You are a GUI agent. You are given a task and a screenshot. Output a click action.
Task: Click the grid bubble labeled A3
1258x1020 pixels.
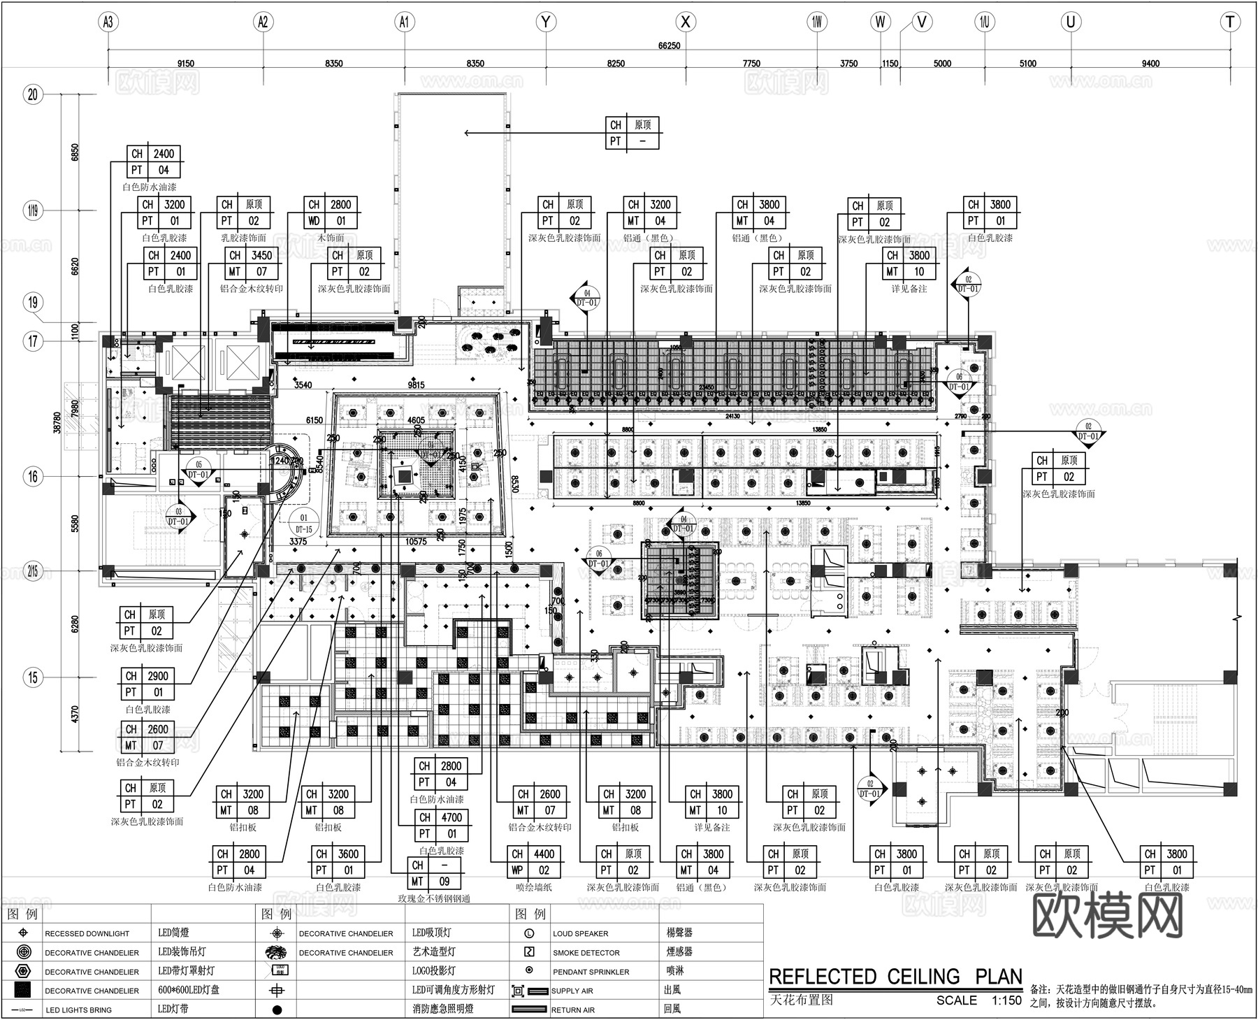coord(108,22)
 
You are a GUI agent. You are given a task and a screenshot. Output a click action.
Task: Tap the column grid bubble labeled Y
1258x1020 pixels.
coord(546,22)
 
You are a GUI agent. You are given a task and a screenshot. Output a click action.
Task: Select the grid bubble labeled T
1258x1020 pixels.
coord(1230,22)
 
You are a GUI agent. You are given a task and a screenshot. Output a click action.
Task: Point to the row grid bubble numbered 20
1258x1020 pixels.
coord(33,94)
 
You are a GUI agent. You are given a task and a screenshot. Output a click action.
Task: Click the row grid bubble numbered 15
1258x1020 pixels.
coord(33,677)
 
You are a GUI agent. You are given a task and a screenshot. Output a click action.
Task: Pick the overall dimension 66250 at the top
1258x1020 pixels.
coord(669,45)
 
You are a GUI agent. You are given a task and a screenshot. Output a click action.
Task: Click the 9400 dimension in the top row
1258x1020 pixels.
coord(1150,64)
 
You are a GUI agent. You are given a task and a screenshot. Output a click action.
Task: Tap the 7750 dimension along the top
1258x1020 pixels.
coord(751,64)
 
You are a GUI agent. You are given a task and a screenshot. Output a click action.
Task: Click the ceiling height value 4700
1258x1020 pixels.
coord(451,817)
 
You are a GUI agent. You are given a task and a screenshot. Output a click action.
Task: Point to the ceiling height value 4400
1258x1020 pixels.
coord(543,854)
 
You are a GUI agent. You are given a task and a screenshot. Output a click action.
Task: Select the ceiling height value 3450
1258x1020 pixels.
coord(261,255)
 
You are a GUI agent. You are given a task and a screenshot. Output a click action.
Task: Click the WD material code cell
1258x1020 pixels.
coord(314,221)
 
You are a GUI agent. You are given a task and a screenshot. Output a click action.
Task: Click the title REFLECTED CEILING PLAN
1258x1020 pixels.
coord(895,977)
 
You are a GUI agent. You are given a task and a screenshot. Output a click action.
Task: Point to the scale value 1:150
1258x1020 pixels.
coord(1006,1000)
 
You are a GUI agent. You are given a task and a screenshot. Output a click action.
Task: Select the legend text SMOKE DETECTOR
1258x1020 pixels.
coord(586,952)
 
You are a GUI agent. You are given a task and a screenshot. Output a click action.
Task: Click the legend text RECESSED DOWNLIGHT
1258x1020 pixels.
coord(87,933)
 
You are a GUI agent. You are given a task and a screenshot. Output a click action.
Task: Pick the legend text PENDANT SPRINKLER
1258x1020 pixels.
coord(591,972)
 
